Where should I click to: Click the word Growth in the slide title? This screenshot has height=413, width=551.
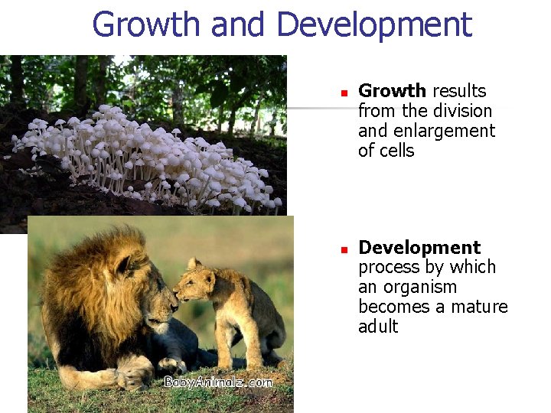(146, 24)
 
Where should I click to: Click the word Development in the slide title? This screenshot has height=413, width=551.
(374, 24)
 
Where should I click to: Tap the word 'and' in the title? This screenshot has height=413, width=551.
(240, 24)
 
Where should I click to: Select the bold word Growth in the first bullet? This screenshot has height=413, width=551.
(392, 92)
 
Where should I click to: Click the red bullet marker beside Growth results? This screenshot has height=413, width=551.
(344, 93)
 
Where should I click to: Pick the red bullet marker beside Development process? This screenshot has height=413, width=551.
(344, 249)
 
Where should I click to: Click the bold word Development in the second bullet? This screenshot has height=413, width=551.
(419, 248)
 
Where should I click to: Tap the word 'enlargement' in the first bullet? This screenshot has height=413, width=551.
(445, 132)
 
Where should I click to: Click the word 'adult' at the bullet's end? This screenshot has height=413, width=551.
(378, 327)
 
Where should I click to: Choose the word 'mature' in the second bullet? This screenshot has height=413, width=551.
(480, 307)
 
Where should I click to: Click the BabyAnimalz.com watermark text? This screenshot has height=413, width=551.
(217, 382)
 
